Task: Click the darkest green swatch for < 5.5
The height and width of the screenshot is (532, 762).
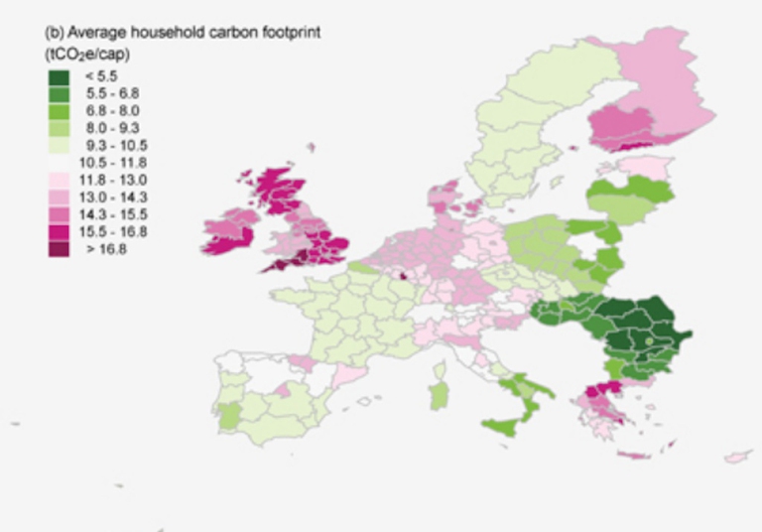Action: point(59,75)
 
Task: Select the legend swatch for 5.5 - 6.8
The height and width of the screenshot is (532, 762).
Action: point(59,92)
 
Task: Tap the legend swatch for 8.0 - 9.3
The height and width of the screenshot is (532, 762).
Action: point(59,127)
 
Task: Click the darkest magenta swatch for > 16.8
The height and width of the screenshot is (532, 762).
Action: point(59,249)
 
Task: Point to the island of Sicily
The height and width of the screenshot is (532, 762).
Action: point(505,428)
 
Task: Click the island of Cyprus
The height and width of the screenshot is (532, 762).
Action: point(736,457)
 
